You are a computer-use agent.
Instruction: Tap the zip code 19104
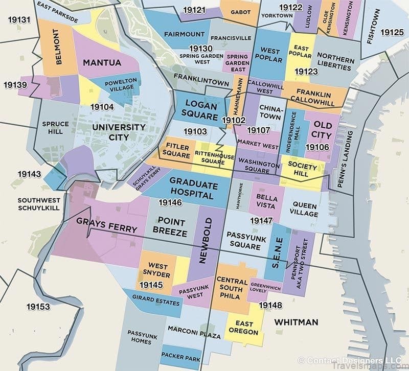tap(102, 107)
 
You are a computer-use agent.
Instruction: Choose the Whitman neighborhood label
tap(296, 322)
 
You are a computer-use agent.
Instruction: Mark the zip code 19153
tap(39, 307)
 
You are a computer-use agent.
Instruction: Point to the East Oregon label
tap(244, 328)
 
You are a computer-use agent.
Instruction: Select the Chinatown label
tap(269, 112)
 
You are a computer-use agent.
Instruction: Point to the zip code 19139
tap(15, 84)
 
